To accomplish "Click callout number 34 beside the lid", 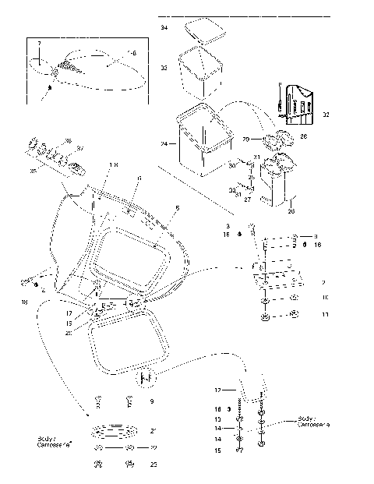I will click(x=164, y=28).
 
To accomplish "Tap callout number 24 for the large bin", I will click(x=164, y=143).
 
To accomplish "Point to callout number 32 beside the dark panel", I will click(x=326, y=115).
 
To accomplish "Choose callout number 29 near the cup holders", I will click(x=246, y=139).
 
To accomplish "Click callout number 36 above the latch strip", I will click(x=68, y=140).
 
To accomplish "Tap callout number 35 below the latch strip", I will click(x=33, y=171).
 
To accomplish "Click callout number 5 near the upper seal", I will click(x=177, y=208).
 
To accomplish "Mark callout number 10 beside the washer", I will click(x=326, y=298).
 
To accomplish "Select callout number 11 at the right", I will click(x=326, y=314).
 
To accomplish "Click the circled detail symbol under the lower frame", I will click(x=145, y=380).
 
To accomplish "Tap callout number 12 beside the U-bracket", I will click(x=219, y=389).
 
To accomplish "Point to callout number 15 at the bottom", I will click(x=219, y=450).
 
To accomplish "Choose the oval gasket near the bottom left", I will click(x=115, y=430).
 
